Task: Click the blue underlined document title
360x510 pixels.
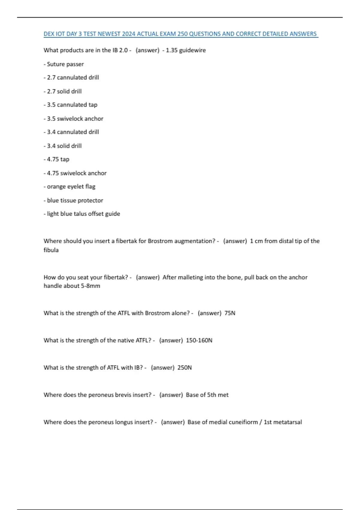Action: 180,34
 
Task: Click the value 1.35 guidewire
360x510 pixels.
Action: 186,50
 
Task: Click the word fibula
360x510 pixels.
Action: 51,250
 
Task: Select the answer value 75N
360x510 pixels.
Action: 230,313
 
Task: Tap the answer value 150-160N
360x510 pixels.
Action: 199,340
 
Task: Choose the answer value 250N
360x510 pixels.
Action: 184,368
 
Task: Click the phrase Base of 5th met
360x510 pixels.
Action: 207,395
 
